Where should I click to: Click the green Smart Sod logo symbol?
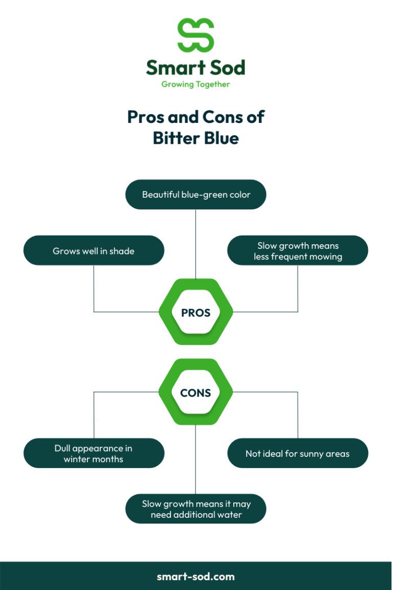pos(195,35)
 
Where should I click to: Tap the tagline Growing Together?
pos(195,85)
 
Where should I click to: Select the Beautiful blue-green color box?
pos(196,195)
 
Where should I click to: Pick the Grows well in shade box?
pos(94,251)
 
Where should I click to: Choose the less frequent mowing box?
pos(298,251)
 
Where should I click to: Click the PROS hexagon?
pos(196,312)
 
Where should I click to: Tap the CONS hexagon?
pos(196,393)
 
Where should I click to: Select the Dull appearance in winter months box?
pos(94,453)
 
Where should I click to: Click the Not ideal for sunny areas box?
pos(298,453)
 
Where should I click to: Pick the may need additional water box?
pos(196,509)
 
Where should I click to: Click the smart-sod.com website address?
pos(196,576)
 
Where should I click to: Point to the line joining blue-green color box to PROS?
pos(196,243)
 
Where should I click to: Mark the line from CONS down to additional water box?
pos(196,461)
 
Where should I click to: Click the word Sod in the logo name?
pos(226,68)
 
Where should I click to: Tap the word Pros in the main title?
pos(146,117)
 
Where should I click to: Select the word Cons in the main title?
pos(221,117)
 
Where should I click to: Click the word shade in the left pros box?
pos(122,251)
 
